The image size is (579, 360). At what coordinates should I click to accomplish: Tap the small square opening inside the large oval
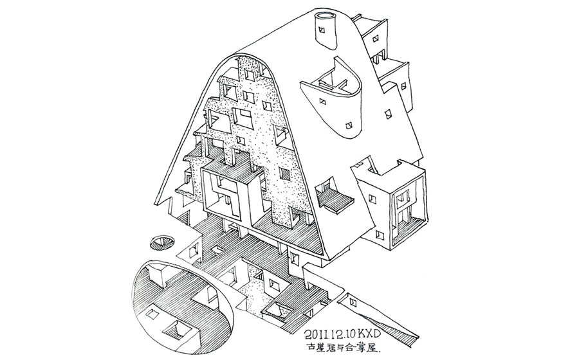(152, 315)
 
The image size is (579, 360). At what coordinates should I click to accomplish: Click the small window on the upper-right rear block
(372, 39)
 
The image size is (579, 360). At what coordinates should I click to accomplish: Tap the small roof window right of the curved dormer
(388, 114)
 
